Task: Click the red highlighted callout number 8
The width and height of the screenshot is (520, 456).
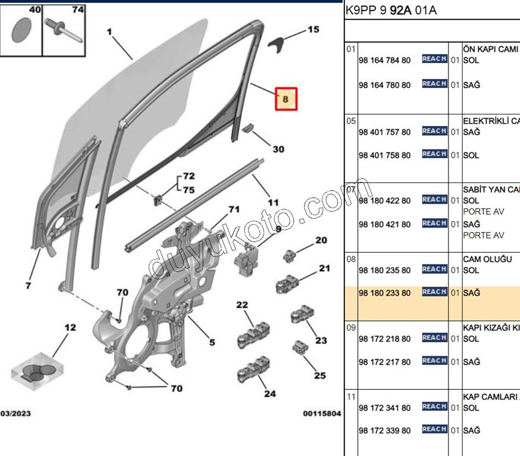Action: (x=286, y=98)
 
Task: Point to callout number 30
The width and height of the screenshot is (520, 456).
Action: (x=278, y=149)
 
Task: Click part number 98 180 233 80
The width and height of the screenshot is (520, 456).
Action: (x=385, y=293)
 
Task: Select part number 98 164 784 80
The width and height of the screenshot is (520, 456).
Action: (x=385, y=60)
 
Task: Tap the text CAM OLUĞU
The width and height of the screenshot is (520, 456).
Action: (x=487, y=259)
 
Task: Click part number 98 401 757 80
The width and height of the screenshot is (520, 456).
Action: (x=385, y=132)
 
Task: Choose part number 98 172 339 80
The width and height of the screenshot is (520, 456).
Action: (x=385, y=431)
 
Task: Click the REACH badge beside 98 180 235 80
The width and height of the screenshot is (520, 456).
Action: (x=434, y=269)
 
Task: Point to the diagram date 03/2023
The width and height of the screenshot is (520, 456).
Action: (x=16, y=414)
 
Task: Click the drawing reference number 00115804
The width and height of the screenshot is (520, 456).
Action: (x=322, y=414)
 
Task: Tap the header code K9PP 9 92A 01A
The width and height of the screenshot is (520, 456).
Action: (x=392, y=10)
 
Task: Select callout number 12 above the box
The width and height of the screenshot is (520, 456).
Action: (x=71, y=328)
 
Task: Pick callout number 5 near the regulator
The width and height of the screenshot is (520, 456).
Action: (x=212, y=342)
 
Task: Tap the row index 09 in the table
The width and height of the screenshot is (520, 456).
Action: (x=351, y=327)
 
